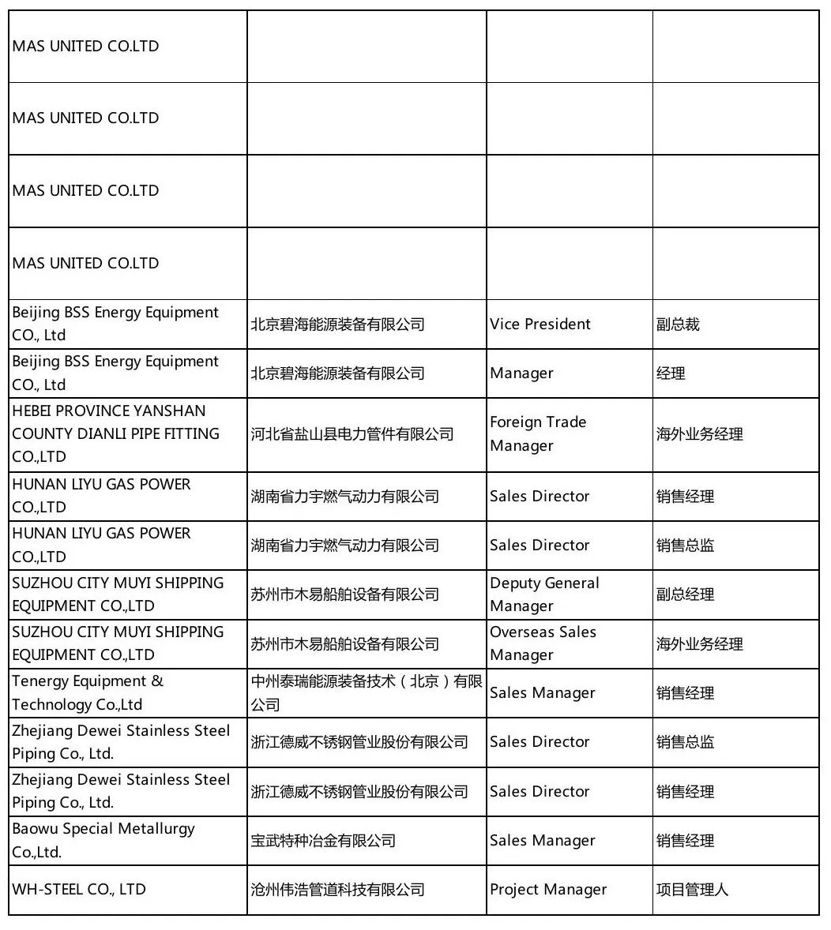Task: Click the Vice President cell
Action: [x=540, y=324]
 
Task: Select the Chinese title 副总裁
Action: [x=678, y=324]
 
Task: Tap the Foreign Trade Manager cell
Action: [x=538, y=433]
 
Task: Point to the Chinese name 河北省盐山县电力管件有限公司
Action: [x=352, y=434]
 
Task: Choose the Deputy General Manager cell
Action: [x=544, y=594]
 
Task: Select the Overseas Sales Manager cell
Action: [x=543, y=643]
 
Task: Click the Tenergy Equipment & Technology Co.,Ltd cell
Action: [x=88, y=692]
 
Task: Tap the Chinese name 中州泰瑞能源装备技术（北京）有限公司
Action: [x=366, y=692]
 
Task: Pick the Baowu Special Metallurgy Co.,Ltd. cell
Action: [x=103, y=840]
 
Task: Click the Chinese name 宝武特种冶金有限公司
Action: [x=323, y=841]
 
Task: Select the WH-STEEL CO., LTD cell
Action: [x=79, y=890]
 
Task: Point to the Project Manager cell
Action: [x=548, y=890]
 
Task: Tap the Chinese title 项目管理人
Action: [x=692, y=890]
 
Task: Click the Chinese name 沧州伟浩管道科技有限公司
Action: [x=338, y=890]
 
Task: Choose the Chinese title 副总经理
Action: [x=685, y=594]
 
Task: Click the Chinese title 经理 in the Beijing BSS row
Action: [x=671, y=373]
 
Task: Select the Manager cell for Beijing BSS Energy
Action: [x=521, y=373]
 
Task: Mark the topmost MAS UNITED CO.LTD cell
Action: [x=85, y=46]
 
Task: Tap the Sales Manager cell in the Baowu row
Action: [x=542, y=841]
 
